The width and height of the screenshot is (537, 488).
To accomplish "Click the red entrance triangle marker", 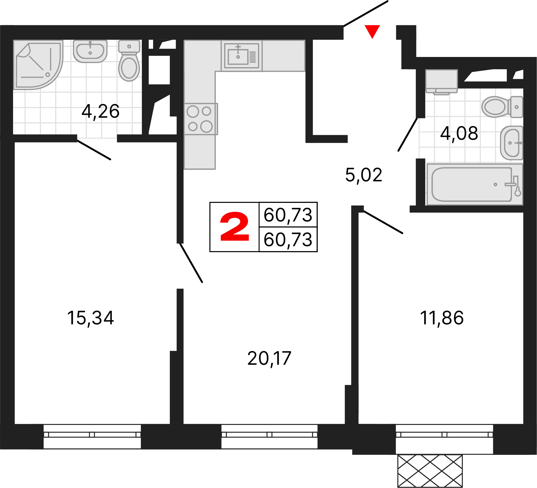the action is click(x=372, y=31).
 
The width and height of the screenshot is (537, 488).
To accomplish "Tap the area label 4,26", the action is click(x=100, y=111).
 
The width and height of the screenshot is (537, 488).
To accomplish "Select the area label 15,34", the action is click(x=90, y=318).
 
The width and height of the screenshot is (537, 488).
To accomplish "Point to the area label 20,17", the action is click(x=269, y=358).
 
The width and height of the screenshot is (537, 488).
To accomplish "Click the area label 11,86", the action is click(x=442, y=318).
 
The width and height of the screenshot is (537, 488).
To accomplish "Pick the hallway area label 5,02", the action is click(x=364, y=175).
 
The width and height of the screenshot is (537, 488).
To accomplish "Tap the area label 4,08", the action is click(x=459, y=134).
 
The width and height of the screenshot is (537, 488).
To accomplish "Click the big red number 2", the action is click(x=235, y=227).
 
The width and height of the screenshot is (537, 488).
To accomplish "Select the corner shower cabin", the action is click(x=38, y=65).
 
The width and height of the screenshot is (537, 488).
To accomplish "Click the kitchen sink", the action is click(x=242, y=56).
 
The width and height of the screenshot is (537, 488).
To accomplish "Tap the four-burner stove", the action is click(x=200, y=119).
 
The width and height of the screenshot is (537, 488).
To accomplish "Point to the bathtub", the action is click(x=475, y=184).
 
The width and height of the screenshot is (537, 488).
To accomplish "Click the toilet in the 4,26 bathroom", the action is click(x=129, y=60).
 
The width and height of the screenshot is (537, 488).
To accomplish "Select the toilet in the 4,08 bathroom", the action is click(x=502, y=107).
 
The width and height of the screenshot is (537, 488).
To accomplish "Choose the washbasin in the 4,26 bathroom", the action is click(x=90, y=51).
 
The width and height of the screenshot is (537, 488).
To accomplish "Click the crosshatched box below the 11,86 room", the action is click(x=430, y=471).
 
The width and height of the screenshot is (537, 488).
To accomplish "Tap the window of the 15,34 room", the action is click(x=92, y=437).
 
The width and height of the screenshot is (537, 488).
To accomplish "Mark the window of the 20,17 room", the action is click(x=269, y=437).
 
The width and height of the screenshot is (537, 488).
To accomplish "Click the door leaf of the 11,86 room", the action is click(x=383, y=222).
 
